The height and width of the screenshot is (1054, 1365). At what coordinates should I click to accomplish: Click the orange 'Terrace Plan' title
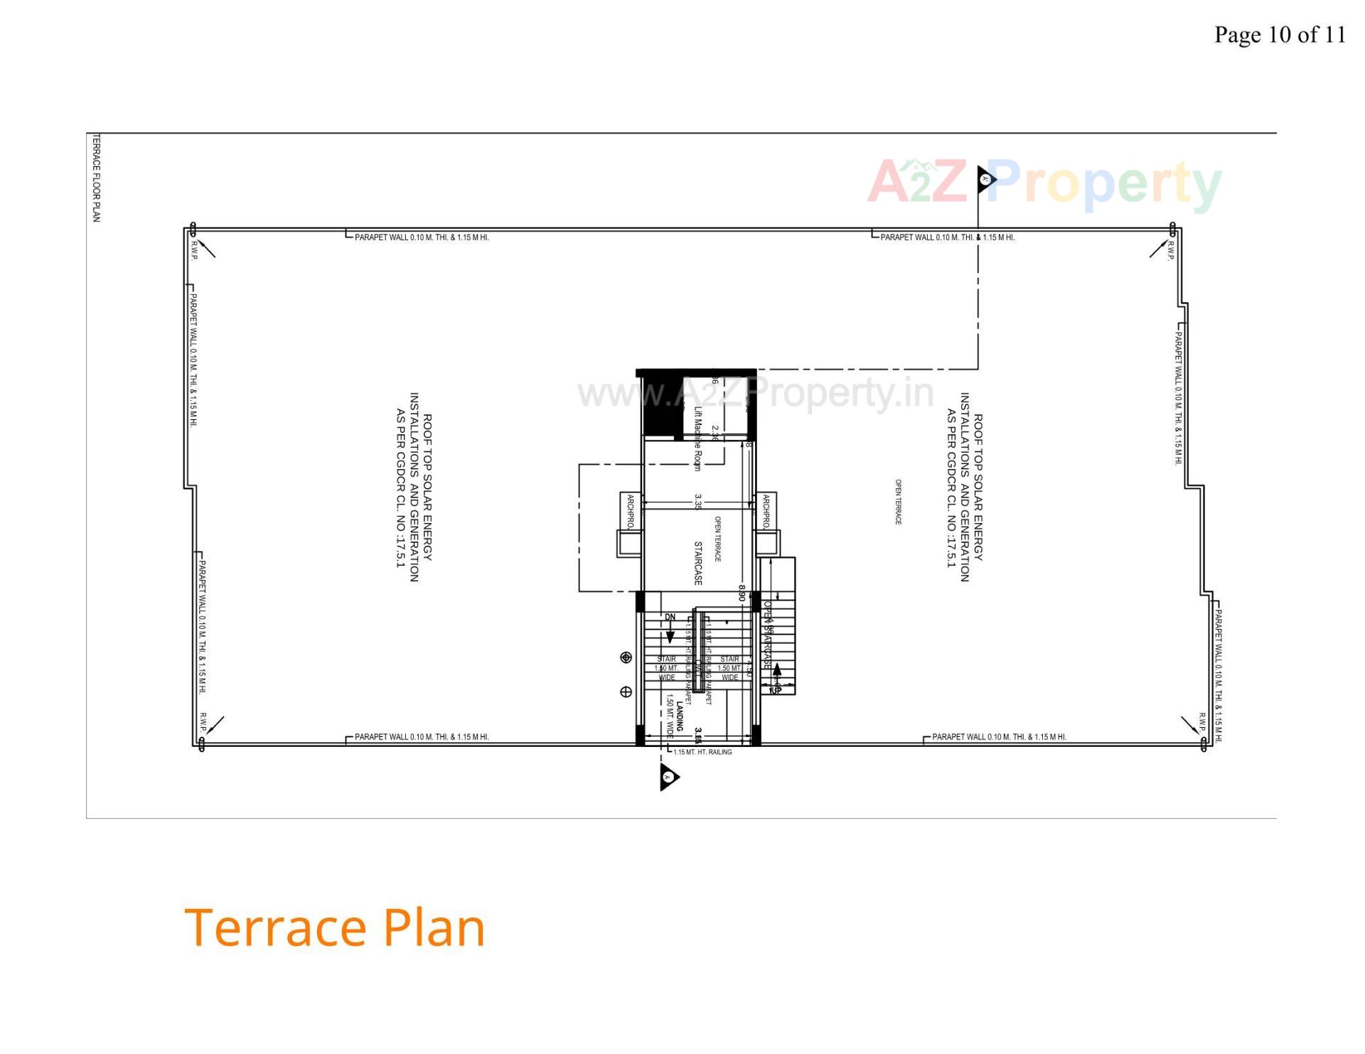tap(334, 927)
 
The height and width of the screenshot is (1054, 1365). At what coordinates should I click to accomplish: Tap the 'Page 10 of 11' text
tap(1279, 34)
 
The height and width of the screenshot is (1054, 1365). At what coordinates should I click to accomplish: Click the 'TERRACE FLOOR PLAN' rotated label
tap(97, 178)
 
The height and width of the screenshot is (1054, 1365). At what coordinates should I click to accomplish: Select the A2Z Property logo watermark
tap(1044, 183)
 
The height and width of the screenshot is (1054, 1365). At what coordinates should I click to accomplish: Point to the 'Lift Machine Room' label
tap(697, 438)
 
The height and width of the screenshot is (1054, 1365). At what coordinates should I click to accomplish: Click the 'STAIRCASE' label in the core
tap(698, 564)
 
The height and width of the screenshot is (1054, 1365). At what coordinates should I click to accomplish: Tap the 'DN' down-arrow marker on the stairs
tap(670, 618)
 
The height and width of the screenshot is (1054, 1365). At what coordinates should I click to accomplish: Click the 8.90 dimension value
tap(742, 593)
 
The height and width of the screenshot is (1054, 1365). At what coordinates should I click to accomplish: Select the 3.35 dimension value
tap(698, 502)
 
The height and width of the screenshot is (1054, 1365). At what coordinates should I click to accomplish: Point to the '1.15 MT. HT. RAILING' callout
tap(702, 752)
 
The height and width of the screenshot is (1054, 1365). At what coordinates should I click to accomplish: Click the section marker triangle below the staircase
tap(668, 777)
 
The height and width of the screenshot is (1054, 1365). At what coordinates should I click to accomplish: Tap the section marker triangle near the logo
tap(985, 179)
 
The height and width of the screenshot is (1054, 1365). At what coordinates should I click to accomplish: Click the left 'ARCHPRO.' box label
tap(631, 512)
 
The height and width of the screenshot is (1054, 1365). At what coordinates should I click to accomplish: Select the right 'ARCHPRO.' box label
tap(766, 512)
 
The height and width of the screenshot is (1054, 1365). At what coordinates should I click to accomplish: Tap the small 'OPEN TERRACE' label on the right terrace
tap(898, 502)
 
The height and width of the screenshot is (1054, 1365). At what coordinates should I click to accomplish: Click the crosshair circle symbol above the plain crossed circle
tap(626, 657)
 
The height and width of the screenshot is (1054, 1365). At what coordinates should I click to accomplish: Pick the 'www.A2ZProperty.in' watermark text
tap(755, 392)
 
